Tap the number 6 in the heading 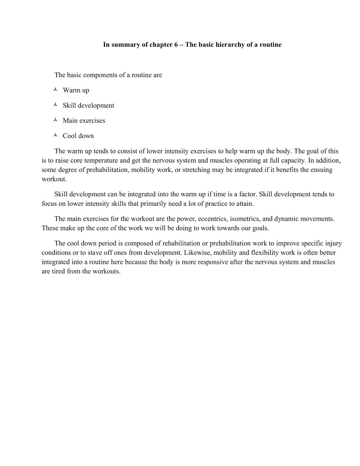pos(175,45)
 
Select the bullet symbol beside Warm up pos(55,90)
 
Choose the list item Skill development pos(88,105)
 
